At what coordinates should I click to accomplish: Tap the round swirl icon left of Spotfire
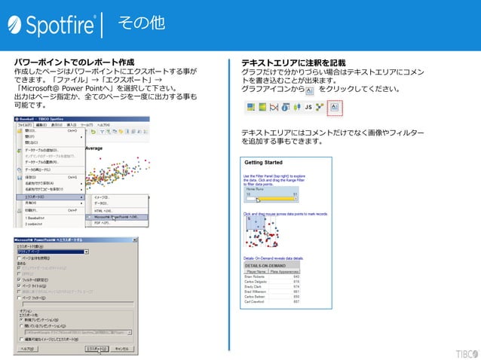pyautogui.click(x=16, y=26)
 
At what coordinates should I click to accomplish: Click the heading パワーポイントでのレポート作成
pyautogui.click(x=74, y=62)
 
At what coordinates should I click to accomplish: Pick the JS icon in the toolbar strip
pyautogui.click(x=308, y=108)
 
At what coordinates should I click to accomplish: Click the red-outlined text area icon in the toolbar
pyautogui.click(x=335, y=108)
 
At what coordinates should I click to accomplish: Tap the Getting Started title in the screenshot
pyautogui.click(x=263, y=163)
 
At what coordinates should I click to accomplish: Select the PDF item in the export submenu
pyautogui.click(x=101, y=224)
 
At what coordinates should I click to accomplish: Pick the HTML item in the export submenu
pyautogui.click(x=103, y=211)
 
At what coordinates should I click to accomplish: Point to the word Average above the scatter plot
pyautogui.click(x=94, y=148)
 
